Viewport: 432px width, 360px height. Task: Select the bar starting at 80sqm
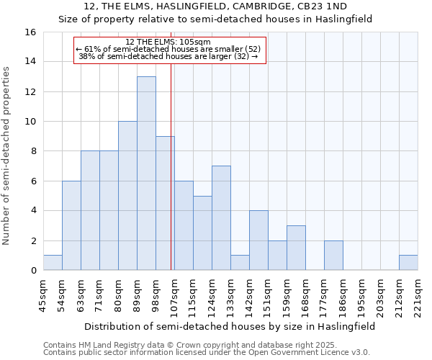[127, 196]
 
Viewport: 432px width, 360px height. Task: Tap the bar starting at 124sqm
[221, 218]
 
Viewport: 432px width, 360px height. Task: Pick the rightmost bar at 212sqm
[408, 263]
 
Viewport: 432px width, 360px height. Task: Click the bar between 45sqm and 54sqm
[53, 263]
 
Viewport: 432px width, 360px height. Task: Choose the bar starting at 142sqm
[258, 240]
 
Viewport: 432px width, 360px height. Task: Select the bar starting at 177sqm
[333, 256]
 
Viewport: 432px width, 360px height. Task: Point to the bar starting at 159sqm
[296, 248]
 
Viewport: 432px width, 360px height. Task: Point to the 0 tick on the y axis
[33, 271]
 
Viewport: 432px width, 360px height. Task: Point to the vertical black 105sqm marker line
[171, 180]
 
